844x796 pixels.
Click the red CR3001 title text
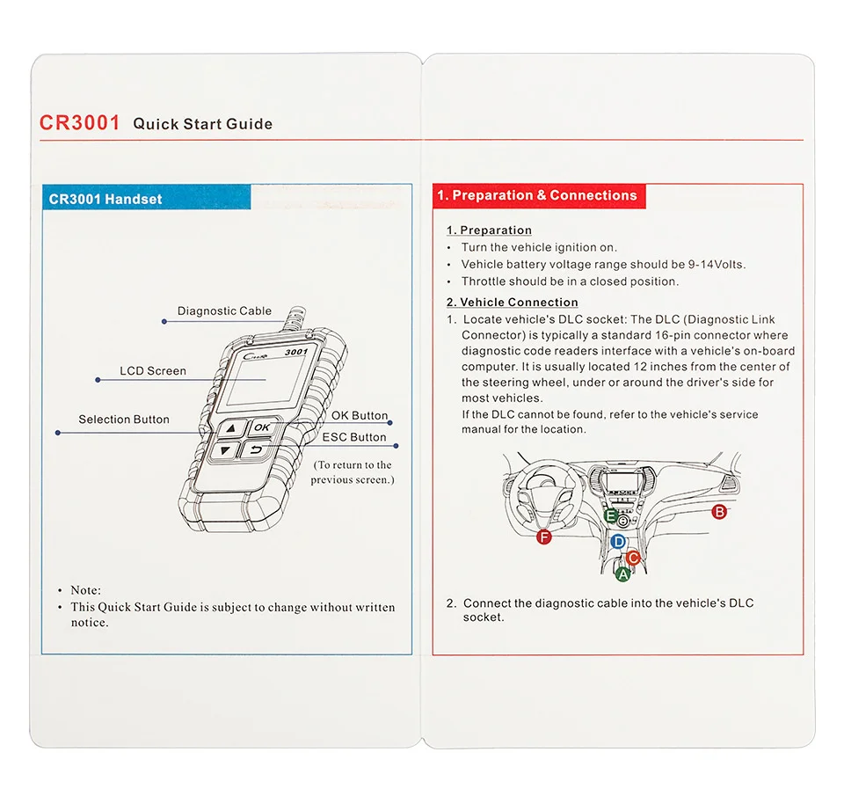tap(79, 122)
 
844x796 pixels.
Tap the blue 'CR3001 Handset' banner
tap(105, 199)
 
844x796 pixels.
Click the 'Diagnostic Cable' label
tap(224, 311)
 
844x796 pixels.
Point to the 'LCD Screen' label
tap(153, 371)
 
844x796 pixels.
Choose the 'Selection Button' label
tap(124, 420)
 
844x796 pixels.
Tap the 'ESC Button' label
tap(354, 437)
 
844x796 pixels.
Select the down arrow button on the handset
tap(227, 451)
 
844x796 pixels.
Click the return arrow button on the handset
tap(256, 451)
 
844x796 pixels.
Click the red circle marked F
tap(544, 537)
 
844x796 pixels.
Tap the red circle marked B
tap(719, 512)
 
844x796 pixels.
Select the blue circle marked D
tap(618, 542)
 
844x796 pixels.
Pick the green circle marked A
tap(622, 574)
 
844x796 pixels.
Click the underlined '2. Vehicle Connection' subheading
tap(512, 303)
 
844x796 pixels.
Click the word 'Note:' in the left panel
tap(86, 590)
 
